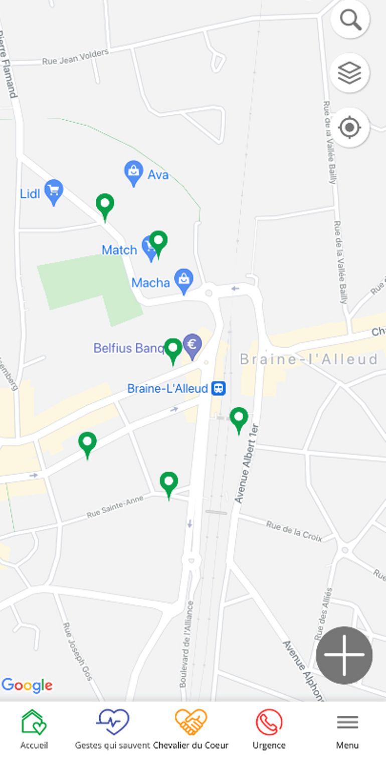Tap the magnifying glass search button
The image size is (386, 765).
[x=350, y=20]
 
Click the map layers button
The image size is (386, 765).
[x=350, y=73]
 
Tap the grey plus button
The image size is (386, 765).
[x=344, y=655]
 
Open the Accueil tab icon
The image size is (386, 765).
[x=34, y=722]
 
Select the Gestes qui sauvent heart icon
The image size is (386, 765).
[x=113, y=722]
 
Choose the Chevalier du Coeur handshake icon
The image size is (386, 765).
[x=190, y=722]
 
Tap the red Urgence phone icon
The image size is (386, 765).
[x=269, y=722]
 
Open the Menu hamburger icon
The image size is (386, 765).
[x=347, y=722]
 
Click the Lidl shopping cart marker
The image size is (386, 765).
[x=54, y=191]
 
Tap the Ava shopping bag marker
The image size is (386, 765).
[x=133, y=172]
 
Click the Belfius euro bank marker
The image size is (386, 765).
[x=192, y=345]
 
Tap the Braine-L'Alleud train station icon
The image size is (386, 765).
[x=218, y=388]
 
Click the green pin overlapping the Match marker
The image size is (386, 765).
[x=158, y=242]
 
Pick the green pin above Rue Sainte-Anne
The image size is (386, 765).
[x=169, y=483]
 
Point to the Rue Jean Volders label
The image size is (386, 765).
[x=75, y=57]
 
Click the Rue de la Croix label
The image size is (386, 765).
[x=294, y=531]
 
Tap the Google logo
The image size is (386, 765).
[x=27, y=685]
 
